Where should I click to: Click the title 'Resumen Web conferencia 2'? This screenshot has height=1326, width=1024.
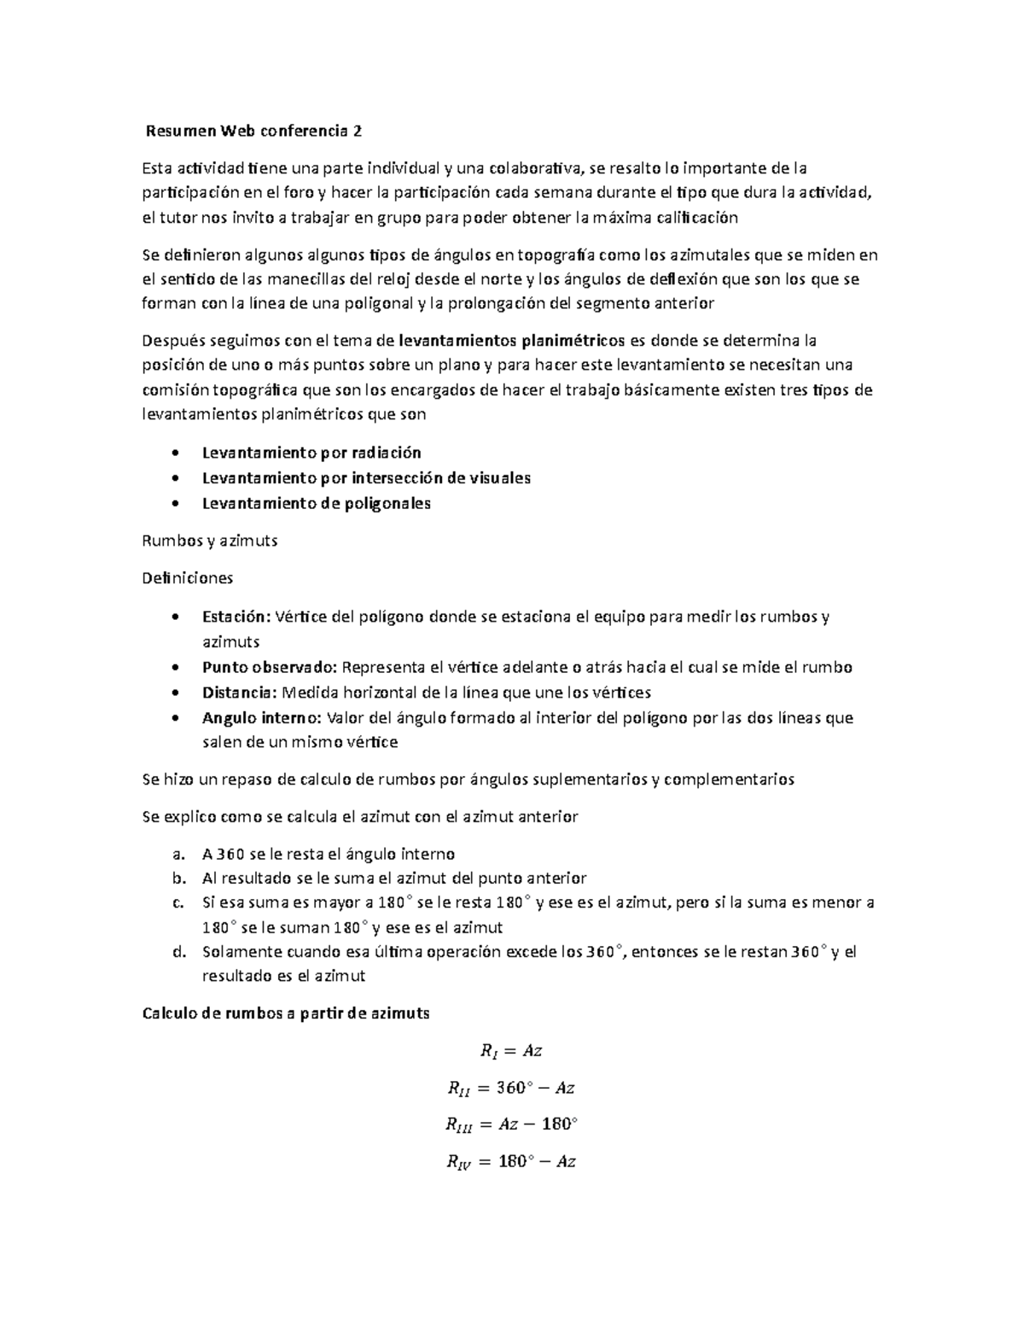tap(253, 131)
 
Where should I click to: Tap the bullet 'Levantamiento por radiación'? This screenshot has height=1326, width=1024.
tap(311, 453)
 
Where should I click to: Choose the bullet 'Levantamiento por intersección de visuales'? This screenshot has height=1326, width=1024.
tap(366, 478)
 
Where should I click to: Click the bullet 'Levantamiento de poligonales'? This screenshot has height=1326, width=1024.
tap(316, 503)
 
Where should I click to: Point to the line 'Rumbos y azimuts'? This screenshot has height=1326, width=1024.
tap(210, 540)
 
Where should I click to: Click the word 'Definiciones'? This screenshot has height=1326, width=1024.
tap(188, 578)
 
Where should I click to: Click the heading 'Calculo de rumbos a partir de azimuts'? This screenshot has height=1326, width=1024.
tap(286, 1013)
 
